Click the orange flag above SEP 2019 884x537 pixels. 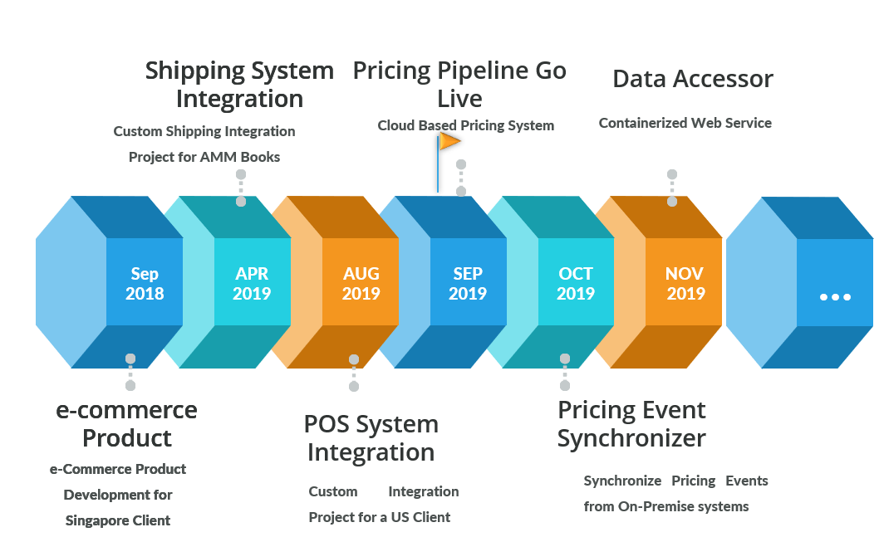(x=449, y=142)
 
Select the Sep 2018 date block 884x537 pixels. (x=145, y=283)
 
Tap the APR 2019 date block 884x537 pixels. (x=252, y=283)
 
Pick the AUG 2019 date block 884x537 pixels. (x=361, y=283)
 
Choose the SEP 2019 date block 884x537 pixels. (x=468, y=283)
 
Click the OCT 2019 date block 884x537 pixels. (x=576, y=283)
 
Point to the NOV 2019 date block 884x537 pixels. (x=685, y=283)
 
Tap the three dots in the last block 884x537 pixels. (x=834, y=296)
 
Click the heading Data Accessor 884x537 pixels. (x=693, y=79)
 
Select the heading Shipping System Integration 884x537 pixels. (x=239, y=85)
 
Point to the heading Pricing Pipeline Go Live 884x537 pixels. (x=459, y=85)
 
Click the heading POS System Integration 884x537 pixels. (x=371, y=438)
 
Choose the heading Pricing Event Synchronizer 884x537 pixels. (x=631, y=423)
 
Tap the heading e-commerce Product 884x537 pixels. (x=127, y=423)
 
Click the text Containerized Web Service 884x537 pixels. (x=685, y=123)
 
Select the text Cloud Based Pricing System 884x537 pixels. (x=465, y=125)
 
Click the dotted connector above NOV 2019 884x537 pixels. (x=672, y=188)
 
